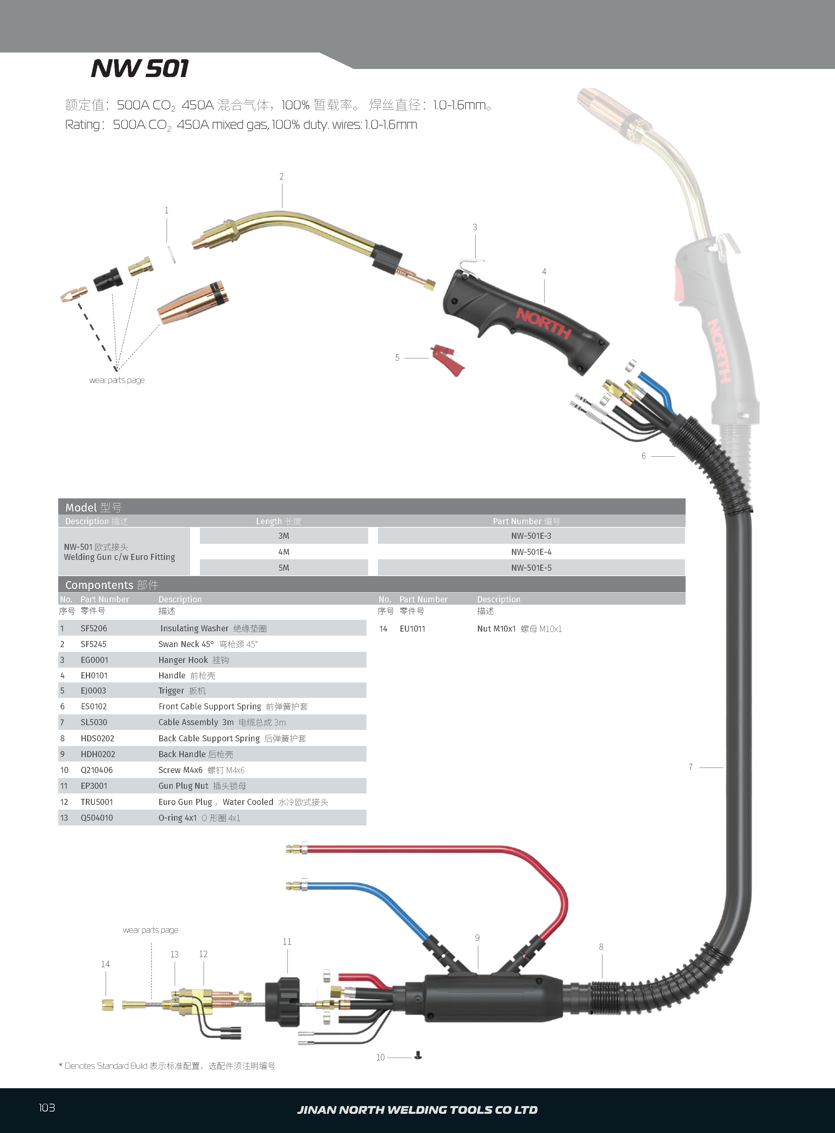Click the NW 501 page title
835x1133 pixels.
pos(140,69)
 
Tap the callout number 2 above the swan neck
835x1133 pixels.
pos(282,176)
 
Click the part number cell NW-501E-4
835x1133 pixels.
pos(531,552)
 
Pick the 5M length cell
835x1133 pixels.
pos(284,568)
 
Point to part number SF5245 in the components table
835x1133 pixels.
pos(94,644)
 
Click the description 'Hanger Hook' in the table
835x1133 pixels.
pos(183,660)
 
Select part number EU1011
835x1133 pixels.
pos(412,629)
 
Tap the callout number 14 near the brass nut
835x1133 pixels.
pos(105,964)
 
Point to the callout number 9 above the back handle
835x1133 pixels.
pos(477,937)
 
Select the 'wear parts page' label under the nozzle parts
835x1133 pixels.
pos(117,380)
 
